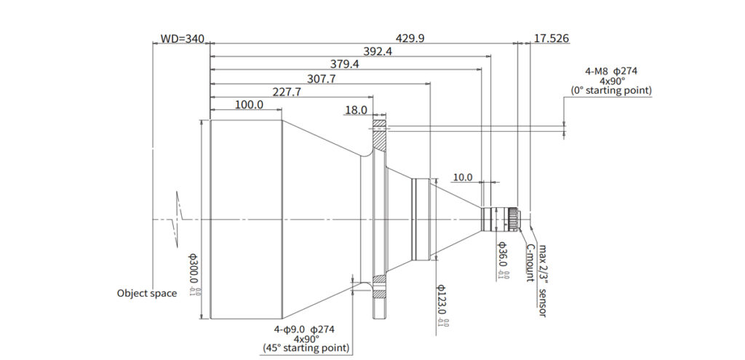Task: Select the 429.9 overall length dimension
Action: click(410, 38)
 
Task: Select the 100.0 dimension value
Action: click(249, 105)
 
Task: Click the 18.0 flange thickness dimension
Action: click(356, 110)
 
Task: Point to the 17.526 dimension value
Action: click(551, 38)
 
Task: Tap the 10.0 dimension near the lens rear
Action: click(462, 177)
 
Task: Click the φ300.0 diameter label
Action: click(194, 274)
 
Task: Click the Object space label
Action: click(147, 293)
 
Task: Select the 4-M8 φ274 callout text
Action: click(611, 71)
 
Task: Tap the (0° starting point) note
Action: click(611, 91)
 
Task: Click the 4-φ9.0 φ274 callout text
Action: click(305, 329)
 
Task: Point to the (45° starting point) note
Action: click(305, 348)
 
